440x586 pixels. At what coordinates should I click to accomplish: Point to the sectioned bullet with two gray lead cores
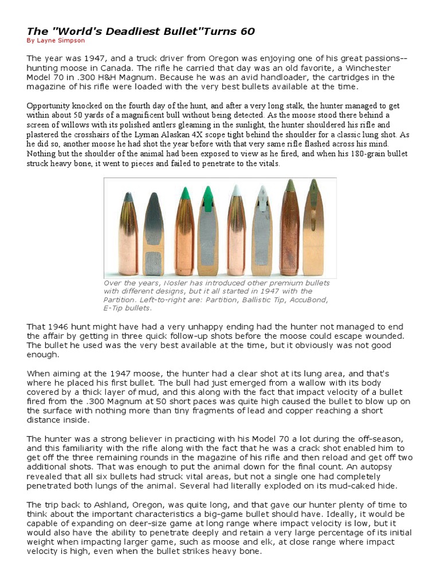click(153, 235)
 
